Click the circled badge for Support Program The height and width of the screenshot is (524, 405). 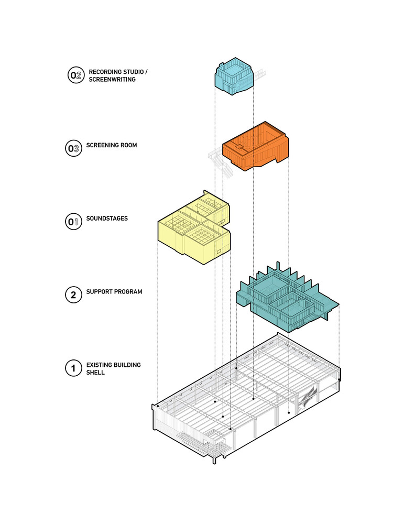[73, 295]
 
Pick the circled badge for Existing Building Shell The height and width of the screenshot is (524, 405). [73, 368]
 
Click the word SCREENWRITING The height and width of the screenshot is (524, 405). [112, 80]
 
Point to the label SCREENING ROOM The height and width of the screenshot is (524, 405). [112, 145]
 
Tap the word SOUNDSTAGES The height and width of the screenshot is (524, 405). [107, 218]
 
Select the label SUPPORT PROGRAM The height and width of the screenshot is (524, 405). [114, 291]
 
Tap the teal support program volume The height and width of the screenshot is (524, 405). [283, 304]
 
